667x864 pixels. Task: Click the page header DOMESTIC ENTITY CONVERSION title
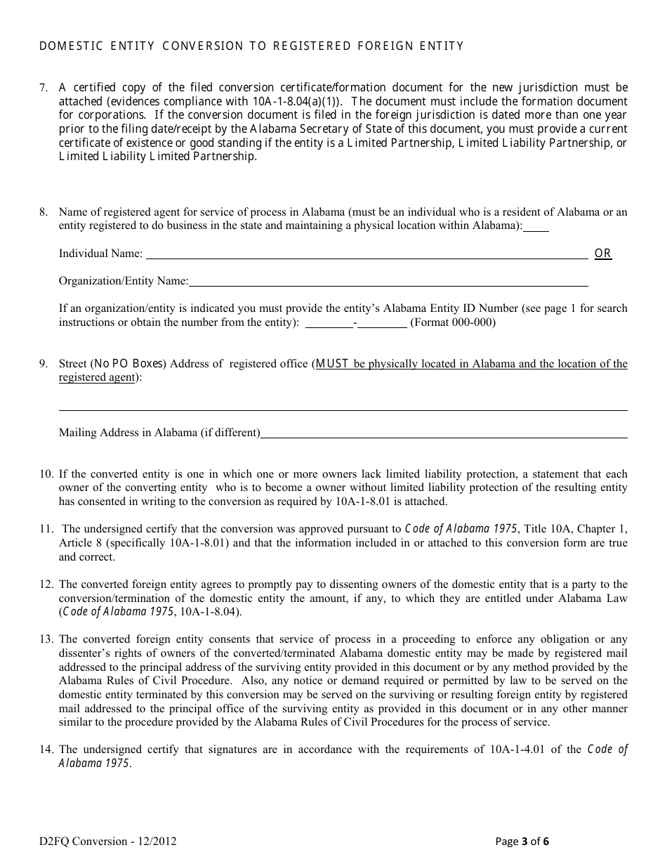click(x=251, y=46)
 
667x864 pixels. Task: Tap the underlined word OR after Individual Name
click(x=603, y=254)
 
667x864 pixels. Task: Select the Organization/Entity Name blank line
click(x=388, y=284)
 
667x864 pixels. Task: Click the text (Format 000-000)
click(x=453, y=322)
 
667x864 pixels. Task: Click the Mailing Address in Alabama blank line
click(x=444, y=436)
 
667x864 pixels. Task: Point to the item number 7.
click(x=44, y=88)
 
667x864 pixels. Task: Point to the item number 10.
click(x=46, y=474)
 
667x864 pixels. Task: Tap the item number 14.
click(x=46, y=750)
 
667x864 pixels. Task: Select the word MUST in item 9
click(x=332, y=364)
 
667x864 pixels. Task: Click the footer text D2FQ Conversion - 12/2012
click(x=107, y=841)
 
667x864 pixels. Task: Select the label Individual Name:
click(x=100, y=254)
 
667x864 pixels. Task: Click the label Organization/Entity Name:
click(x=124, y=281)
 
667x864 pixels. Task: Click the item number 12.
click(x=46, y=584)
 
